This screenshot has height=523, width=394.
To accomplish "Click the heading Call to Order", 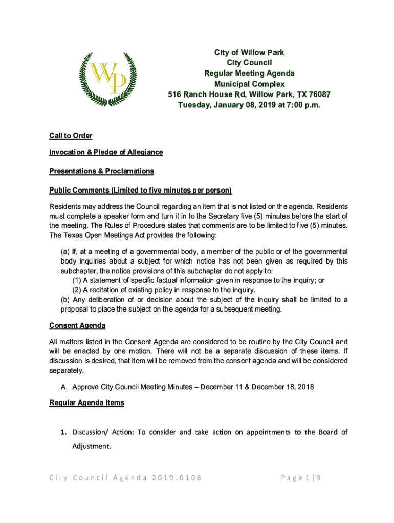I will coord(71,136).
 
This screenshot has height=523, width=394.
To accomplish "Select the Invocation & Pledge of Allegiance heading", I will coord(106,152).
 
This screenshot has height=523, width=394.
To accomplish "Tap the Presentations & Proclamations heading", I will coord(101,171).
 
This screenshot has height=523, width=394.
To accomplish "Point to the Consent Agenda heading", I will coord(77,325).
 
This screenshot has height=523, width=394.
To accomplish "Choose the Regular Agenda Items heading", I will coord(86,403).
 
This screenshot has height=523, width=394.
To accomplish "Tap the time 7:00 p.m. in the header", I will coord(296,105).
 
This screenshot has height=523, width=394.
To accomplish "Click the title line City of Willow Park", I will coord(249,53).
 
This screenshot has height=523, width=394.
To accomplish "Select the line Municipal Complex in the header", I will coord(249,84).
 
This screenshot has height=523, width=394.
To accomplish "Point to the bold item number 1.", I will coord(64,432).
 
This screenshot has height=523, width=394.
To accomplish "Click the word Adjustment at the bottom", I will coord(91,446).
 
